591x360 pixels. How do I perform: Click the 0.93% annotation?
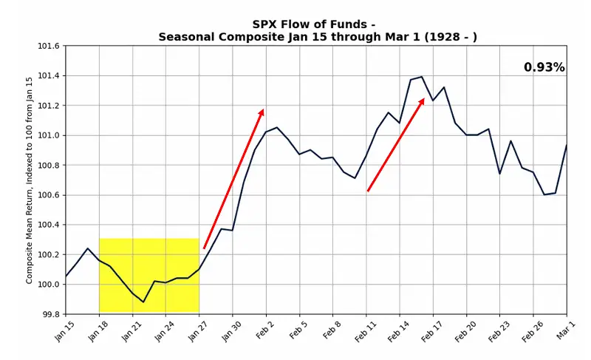544,68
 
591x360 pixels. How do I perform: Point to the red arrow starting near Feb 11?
396,145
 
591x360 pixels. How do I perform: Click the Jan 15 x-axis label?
65,332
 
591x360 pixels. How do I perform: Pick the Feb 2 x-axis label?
265,332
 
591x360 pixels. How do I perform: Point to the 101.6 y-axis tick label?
48,46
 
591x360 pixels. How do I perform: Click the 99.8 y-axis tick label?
49,314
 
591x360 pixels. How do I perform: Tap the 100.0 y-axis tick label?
48,285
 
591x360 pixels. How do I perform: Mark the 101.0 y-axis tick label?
48,135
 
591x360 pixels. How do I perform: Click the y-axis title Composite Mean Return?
30,180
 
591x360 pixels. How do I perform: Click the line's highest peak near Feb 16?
422,77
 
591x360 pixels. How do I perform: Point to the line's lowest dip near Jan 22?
143,302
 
